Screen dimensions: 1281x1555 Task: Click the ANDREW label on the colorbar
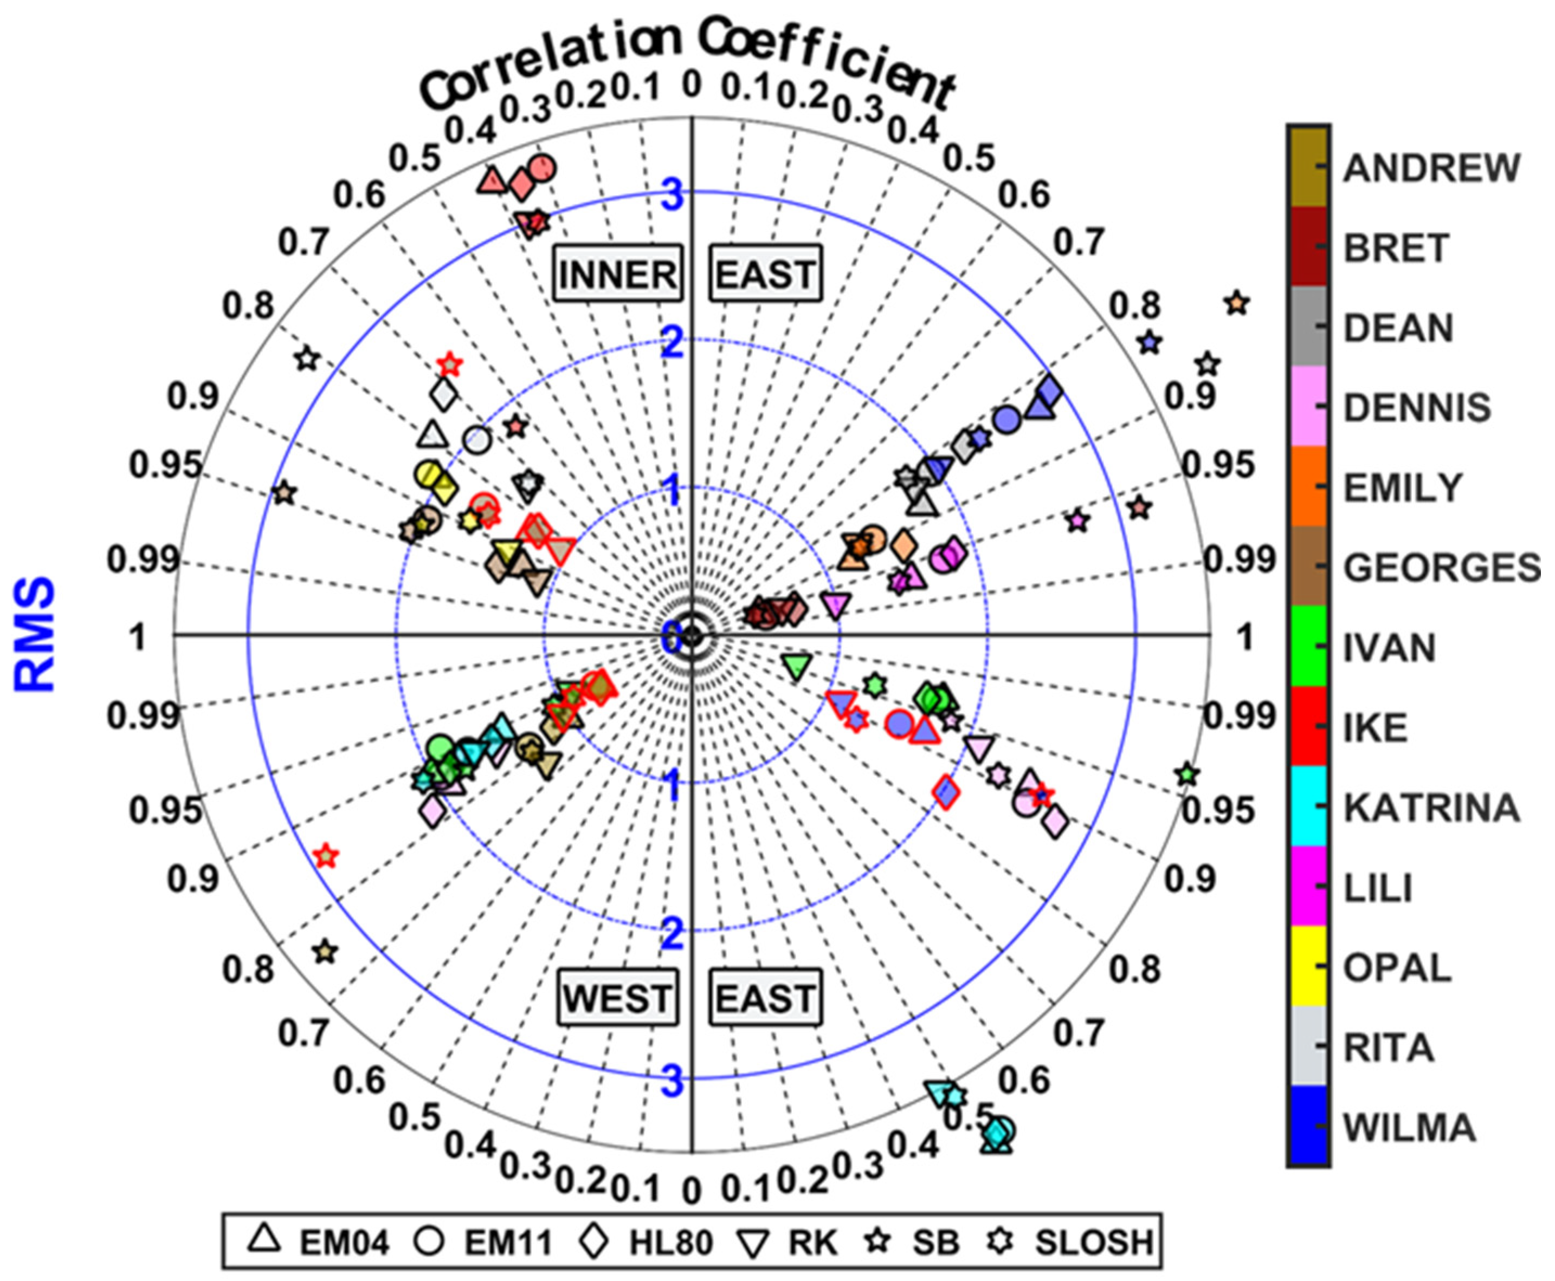[1431, 168]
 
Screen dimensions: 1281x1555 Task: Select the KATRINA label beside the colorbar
[1431, 808]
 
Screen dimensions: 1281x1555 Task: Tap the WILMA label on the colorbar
[1409, 1128]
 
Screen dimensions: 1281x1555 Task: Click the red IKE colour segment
[1308, 727]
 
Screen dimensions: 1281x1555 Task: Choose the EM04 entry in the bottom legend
[343, 1243]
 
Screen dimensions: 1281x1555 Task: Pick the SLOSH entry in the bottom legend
[1093, 1243]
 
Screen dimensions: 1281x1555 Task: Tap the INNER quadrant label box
[617, 275]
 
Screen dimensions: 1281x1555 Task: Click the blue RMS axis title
[35, 635]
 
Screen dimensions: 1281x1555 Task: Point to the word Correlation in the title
[546, 63]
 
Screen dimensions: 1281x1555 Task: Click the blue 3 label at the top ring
[672, 196]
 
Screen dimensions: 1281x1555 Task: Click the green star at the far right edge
[1186, 775]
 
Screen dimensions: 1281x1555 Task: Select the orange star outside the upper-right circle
[1237, 303]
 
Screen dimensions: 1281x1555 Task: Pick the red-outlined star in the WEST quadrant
[326, 856]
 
